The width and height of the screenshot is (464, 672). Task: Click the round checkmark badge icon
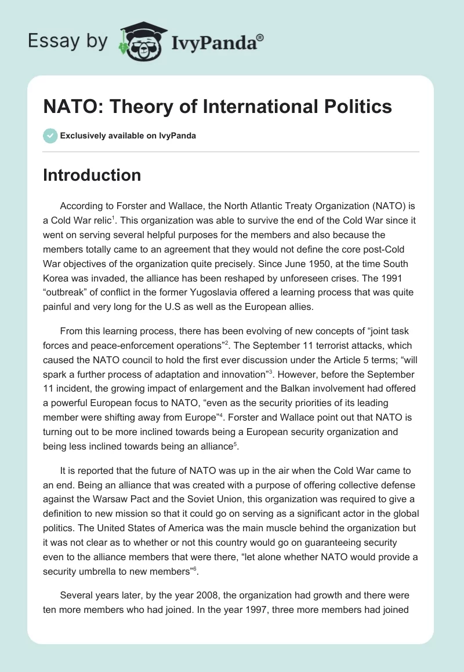pyautogui.click(x=50, y=136)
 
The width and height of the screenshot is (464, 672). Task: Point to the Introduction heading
pyautogui.click(x=92, y=175)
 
